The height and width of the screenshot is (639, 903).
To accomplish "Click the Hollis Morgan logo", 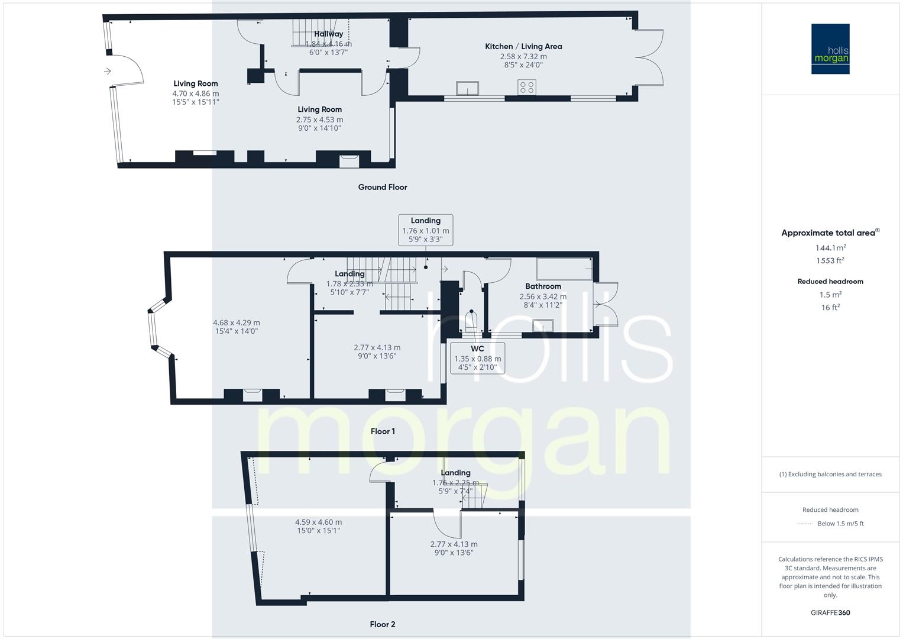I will pos(830,49).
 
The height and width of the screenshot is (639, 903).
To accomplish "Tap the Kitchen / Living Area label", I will pos(523,46).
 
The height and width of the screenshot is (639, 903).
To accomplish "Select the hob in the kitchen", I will pos(526,87).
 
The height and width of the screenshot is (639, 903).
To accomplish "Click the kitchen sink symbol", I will pos(470,88).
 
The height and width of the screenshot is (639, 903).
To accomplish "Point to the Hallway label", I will pos(328,34).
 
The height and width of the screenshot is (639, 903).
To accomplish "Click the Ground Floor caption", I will pos(383,187).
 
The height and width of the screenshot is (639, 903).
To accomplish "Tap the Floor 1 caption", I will pos(383,431).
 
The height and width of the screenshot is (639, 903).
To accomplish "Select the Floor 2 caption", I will pos(383,624).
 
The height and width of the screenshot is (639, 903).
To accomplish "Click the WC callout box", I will pos(477,357).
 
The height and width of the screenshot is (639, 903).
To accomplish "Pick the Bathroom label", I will pos(543,286).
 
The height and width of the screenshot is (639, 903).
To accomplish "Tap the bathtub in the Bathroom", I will pos(564,269).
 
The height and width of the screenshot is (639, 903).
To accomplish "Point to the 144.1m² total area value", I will pos(830,248).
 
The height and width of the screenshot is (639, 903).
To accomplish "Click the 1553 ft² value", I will pos(830,260).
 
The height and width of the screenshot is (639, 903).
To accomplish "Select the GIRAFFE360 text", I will pos(830,612).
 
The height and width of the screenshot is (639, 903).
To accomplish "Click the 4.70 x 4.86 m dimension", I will pos(196,93).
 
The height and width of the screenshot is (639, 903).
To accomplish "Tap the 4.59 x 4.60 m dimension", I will pos(318,522).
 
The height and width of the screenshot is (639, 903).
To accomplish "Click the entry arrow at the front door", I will pos(107,71).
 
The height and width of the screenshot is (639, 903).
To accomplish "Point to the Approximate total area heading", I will pos(830,233).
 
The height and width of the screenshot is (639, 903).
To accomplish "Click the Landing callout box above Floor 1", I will pos(426,230).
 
